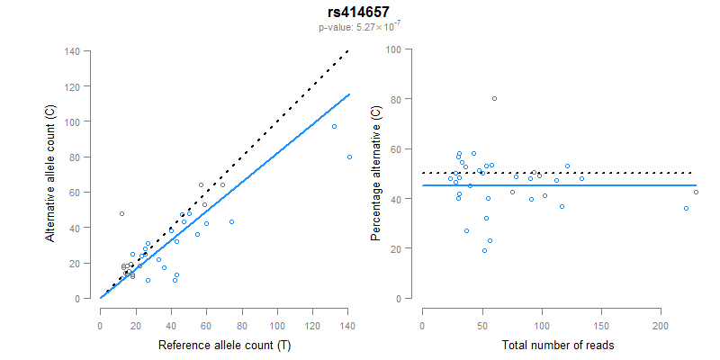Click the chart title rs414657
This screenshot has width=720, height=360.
[x=359, y=13]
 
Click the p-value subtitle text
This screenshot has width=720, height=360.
[x=359, y=28]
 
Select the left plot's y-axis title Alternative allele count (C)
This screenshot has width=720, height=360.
[x=51, y=174]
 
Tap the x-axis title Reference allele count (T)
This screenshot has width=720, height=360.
[x=224, y=346]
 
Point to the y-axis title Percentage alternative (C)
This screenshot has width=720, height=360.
[x=376, y=174]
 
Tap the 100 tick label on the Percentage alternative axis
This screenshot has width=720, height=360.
[x=394, y=49]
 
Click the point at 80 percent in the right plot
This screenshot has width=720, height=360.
[x=494, y=99]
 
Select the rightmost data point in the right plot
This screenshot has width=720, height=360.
[x=696, y=192]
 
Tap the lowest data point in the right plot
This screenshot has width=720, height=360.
[x=484, y=250]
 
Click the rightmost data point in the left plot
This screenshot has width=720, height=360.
[x=349, y=157]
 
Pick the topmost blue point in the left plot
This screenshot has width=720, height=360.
[x=334, y=126]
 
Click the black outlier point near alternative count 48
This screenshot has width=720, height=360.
[x=121, y=213]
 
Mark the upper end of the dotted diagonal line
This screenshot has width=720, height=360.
[x=348, y=51]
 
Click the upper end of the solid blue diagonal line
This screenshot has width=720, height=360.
[x=349, y=94]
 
